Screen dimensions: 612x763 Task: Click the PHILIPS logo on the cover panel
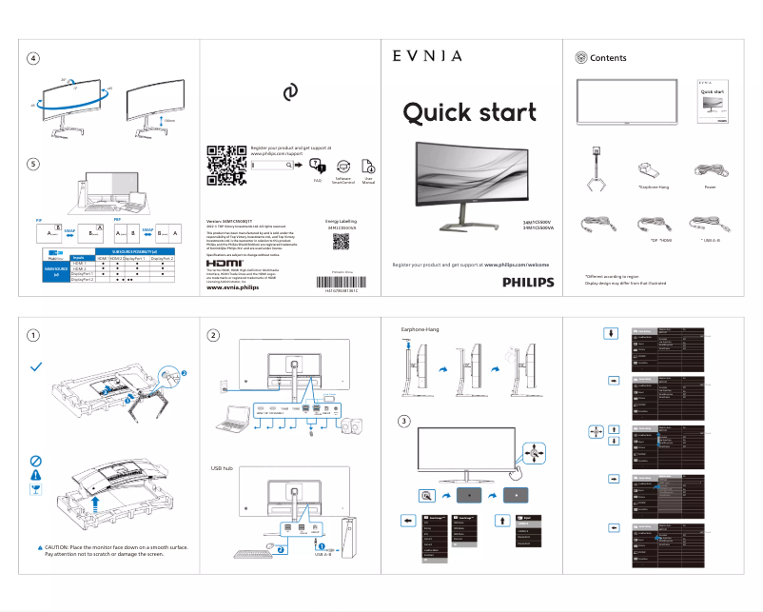[x=514, y=283]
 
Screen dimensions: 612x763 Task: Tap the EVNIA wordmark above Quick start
[x=427, y=56]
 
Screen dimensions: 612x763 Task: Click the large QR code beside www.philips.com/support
[x=221, y=165]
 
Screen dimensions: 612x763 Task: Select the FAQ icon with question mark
[x=317, y=168]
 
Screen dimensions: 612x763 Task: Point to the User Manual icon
[x=369, y=168]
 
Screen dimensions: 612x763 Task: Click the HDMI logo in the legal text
[x=224, y=263]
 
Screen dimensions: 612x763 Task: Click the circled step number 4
[x=33, y=58]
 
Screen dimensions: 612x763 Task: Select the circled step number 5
[x=33, y=164]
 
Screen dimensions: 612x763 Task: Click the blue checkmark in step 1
[x=36, y=366]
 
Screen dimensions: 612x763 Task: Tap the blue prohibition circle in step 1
[x=36, y=460]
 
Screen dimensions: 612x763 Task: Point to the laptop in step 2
[x=234, y=415]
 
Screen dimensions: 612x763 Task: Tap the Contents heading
[x=608, y=58]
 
